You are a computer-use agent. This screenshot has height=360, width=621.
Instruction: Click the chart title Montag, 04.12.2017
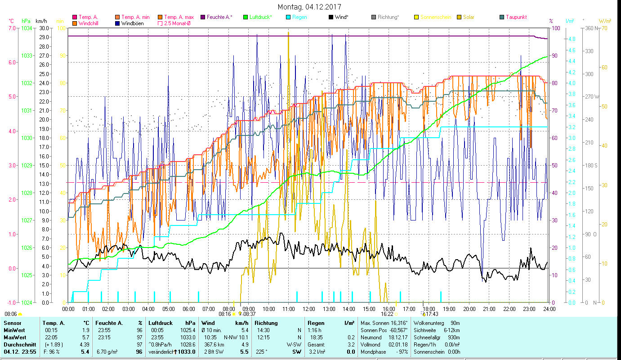309,7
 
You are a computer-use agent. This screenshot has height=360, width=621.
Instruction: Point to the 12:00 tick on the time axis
309,309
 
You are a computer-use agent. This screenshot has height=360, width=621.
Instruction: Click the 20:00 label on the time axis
469,309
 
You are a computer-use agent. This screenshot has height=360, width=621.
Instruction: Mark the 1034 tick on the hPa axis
27,28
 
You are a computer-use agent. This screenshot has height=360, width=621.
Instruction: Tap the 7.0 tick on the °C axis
12,28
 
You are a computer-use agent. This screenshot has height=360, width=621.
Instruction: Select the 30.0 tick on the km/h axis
44,28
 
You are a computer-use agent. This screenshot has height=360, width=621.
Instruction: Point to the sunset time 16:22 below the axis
387,314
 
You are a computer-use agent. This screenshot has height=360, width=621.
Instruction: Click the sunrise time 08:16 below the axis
225,314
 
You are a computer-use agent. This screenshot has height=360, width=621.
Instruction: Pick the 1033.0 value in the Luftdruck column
186,352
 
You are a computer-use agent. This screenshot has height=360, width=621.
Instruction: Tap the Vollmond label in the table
371,345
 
